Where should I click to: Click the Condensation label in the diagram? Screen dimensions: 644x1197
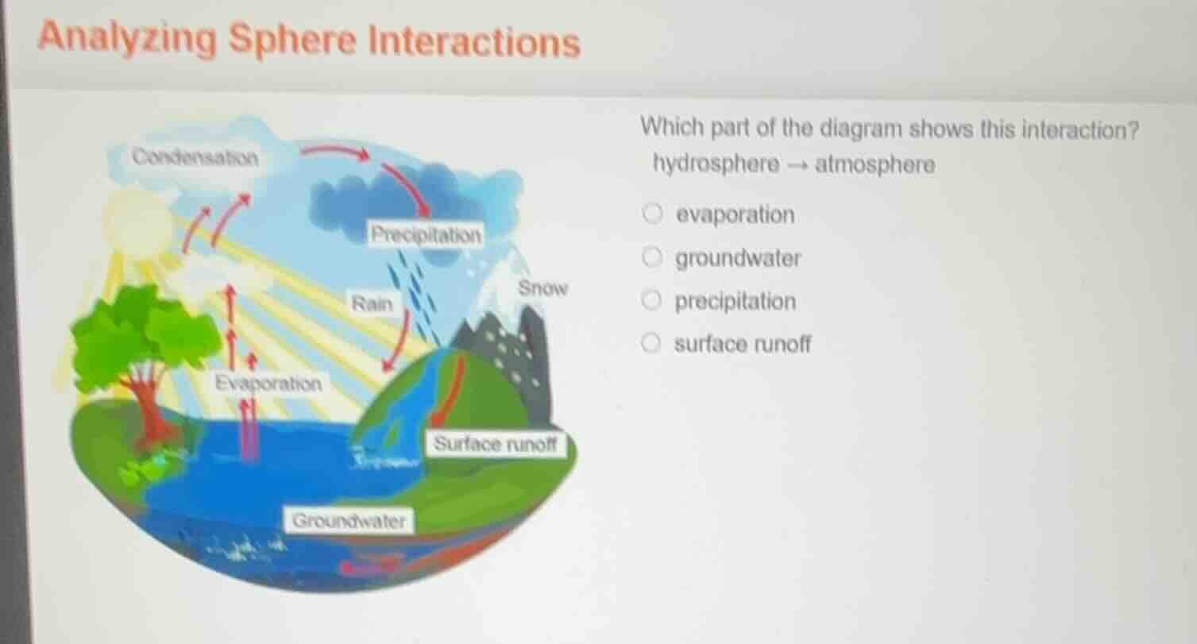(x=195, y=156)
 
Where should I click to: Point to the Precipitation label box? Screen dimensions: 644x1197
(x=427, y=234)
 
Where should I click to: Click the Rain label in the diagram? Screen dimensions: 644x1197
(x=373, y=303)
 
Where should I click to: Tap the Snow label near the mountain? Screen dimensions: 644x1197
(x=543, y=288)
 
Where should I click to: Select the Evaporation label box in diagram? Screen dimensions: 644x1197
(x=270, y=384)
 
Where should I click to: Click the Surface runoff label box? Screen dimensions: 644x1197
(x=498, y=444)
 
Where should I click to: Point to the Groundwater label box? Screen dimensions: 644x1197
(x=349, y=521)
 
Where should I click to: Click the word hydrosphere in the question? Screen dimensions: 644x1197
(x=716, y=165)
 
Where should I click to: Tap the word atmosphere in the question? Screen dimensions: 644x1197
(x=875, y=165)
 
